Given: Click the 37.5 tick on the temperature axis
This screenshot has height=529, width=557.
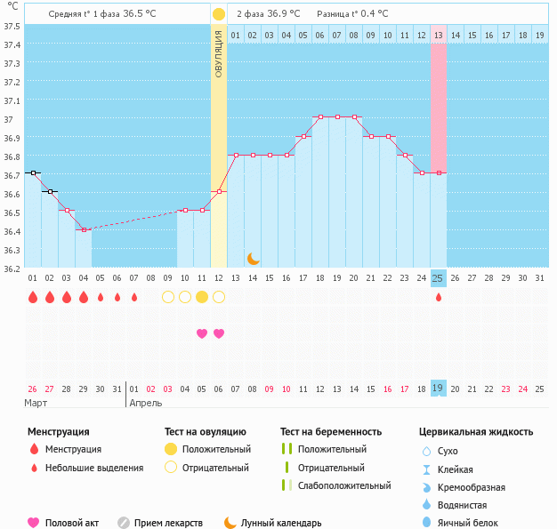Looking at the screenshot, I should (x=12, y=26).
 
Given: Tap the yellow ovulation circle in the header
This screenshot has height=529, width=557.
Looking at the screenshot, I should (x=219, y=14).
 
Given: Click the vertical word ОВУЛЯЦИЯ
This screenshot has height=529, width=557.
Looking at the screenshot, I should (x=219, y=53).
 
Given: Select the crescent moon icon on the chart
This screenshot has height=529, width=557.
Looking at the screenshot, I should (x=254, y=258).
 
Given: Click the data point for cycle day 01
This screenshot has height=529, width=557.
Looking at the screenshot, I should (x=33, y=172).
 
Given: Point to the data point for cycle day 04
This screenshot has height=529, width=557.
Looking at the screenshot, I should (x=84, y=229).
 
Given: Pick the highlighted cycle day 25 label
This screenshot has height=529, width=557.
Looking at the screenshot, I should (x=438, y=278).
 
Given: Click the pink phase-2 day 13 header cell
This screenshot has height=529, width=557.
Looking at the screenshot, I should (x=438, y=36).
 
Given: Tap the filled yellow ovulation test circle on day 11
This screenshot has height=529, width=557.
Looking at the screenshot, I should (x=202, y=297).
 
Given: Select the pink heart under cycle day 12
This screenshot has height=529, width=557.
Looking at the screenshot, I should (x=219, y=333).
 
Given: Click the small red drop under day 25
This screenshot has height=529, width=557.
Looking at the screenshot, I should (x=438, y=298).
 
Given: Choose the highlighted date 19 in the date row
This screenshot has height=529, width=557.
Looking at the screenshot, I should (x=438, y=389).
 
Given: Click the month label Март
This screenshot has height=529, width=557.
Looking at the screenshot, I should (x=36, y=403).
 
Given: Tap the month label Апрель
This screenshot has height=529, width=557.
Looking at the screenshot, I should (x=146, y=403).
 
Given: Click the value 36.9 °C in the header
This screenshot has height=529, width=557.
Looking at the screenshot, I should (x=284, y=14).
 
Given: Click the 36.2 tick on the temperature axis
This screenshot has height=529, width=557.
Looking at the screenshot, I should (x=12, y=268).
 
